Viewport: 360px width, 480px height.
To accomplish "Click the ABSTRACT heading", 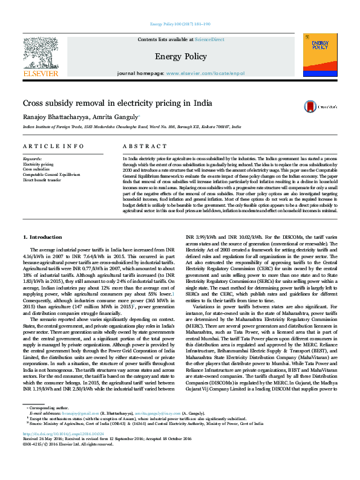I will pyautogui.click(x=140, y=147).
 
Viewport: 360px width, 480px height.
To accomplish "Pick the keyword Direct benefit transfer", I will pyautogui.click(x=42, y=180).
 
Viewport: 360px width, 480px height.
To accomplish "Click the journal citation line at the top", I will pyautogui.click(x=179, y=24).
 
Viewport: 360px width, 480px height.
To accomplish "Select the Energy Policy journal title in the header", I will pyautogui.click(x=180, y=56).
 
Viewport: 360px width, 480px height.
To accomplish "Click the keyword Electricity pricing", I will pyautogui.click(x=38, y=164).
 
